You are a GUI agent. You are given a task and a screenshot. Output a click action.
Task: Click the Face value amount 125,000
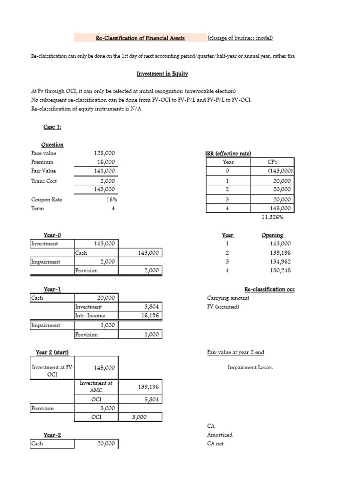(105, 154)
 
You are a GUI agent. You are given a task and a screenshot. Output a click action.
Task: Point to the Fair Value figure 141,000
(105, 171)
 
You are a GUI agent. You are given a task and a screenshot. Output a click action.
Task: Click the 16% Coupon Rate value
(111, 199)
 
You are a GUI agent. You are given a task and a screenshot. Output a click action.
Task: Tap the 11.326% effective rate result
(273, 217)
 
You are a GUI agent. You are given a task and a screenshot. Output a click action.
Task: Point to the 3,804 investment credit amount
(150, 307)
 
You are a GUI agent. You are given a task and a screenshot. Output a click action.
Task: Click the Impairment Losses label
(250, 367)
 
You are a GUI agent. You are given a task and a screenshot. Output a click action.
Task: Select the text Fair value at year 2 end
(235, 352)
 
